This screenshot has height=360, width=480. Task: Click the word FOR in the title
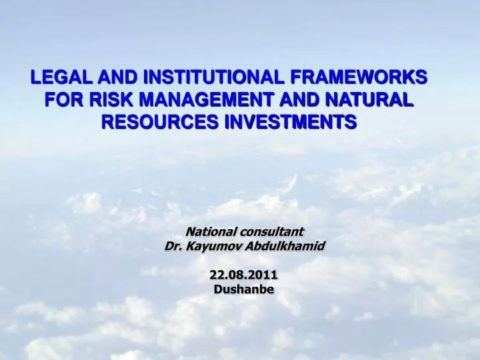coord(61,100)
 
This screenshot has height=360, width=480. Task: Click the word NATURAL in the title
coord(370,100)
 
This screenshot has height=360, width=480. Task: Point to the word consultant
coord(273,232)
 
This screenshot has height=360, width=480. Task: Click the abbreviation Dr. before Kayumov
coord(173,246)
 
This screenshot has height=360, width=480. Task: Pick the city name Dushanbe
coord(244,289)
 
